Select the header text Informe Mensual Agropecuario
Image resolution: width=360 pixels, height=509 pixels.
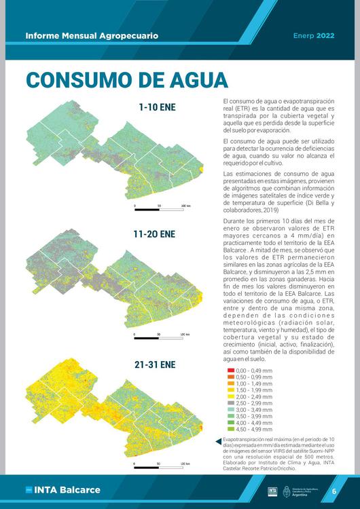(92, 35)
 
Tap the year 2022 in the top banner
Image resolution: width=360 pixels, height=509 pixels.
(325, 35)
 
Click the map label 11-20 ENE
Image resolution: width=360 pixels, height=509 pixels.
(154, 234)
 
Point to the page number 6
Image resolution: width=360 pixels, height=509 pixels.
(334, 491)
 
